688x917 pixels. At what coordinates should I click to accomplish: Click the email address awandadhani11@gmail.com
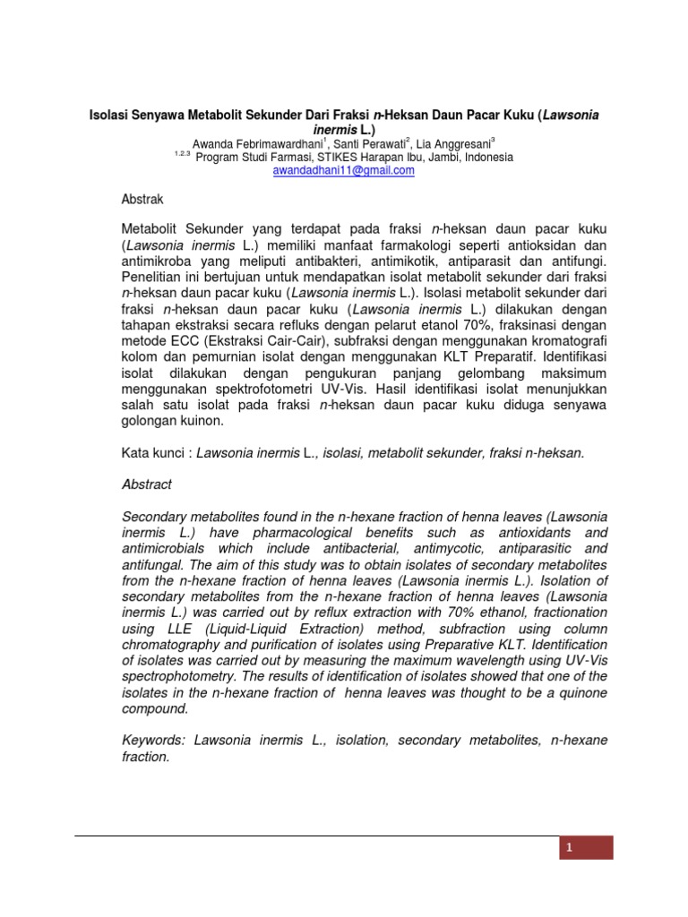[x=343, y=170]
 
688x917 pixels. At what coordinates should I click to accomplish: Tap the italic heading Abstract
[x=146, y=484]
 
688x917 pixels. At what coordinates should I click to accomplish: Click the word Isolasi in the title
[x=106, y=116]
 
